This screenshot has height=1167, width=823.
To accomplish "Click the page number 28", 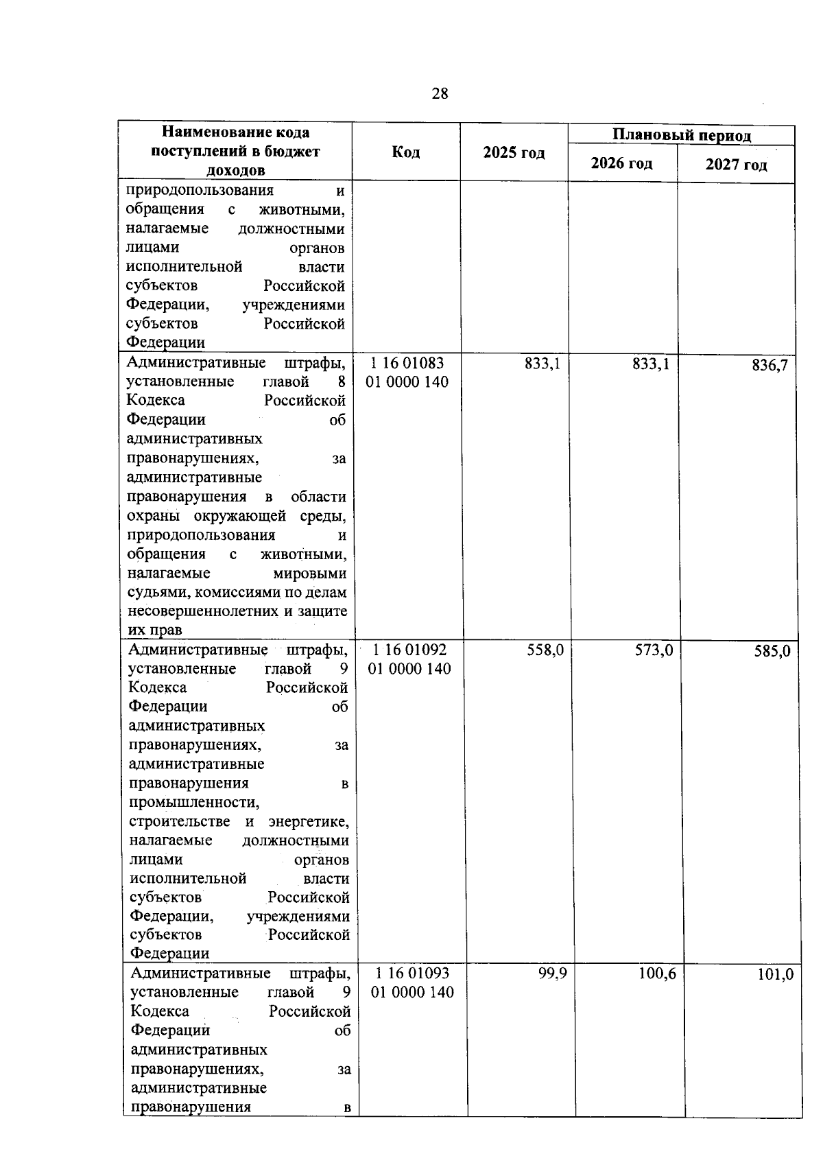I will click(440, 94).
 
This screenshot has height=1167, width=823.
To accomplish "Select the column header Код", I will click(406, 152).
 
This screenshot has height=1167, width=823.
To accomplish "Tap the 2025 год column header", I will click(514, 153).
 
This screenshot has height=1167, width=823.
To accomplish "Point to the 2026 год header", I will click(622, 163).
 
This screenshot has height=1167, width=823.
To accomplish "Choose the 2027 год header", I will click(736, 165).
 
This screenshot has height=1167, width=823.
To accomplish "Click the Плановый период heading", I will click(682, 135).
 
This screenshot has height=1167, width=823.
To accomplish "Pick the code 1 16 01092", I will click(409, 649).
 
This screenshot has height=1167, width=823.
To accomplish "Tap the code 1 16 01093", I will click(412, 973).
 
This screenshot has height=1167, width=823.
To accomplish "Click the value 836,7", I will click(770, 366).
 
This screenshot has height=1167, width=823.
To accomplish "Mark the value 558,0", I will click(545, 650).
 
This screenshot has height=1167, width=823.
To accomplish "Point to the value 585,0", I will click(772, 651).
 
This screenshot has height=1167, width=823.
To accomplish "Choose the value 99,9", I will click(552, 974).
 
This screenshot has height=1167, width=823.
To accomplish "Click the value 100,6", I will click(657, 974).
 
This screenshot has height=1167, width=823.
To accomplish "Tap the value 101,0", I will click(775, 974).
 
